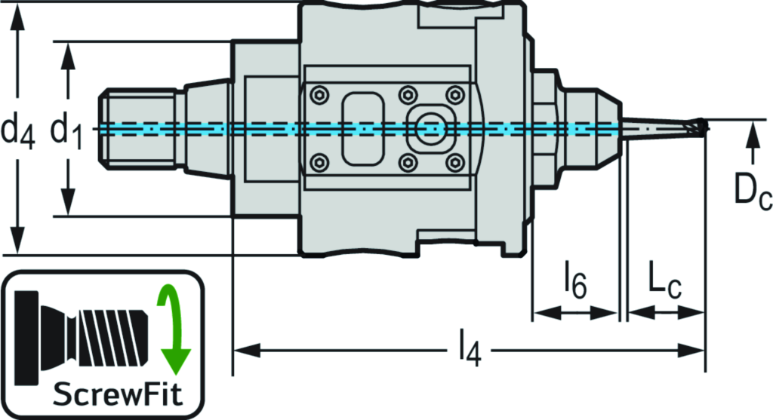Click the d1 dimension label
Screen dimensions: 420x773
(x=68, y=130)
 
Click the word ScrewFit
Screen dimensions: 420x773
(x=106, y=394)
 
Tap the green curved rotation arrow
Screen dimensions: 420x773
(x=173, y=328)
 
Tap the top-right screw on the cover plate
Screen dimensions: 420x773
(x=454, y=94)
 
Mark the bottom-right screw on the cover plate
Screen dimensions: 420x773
(x=454, y=161)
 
